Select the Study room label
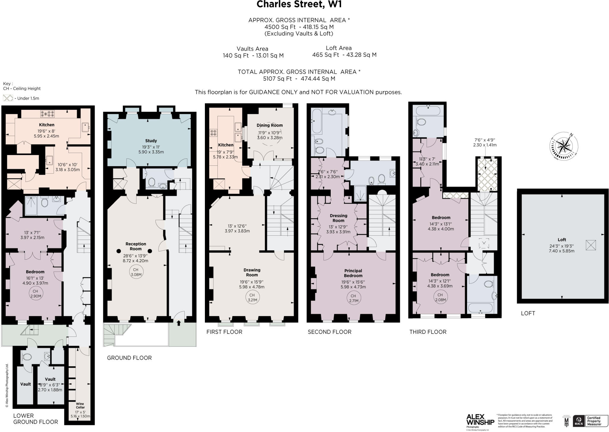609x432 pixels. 151,141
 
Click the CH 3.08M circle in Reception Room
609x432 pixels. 136,272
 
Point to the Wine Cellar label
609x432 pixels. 80,406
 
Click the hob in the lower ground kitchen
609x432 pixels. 47,114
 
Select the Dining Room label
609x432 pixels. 270,125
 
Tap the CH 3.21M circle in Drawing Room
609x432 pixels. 252,297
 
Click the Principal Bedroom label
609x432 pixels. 353,273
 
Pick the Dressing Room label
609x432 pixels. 338,218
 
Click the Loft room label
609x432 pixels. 562,240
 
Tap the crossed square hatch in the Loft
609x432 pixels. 591,245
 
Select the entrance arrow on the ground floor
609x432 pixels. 179,323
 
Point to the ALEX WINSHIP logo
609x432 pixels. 480,420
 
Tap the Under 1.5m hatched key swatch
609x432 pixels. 8,98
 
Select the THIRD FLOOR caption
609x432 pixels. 428,332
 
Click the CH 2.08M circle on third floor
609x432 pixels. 440,297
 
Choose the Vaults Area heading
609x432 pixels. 252,48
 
